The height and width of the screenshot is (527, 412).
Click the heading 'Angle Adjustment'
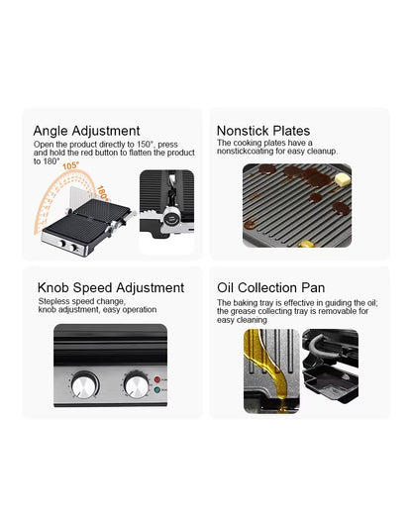(x=86, y=130)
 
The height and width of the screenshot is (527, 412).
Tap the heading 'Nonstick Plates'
(x=263, y=130)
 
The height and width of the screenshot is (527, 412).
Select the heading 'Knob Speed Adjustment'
(x=111, y=287)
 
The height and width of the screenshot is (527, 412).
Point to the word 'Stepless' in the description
(x=54, y=300)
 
